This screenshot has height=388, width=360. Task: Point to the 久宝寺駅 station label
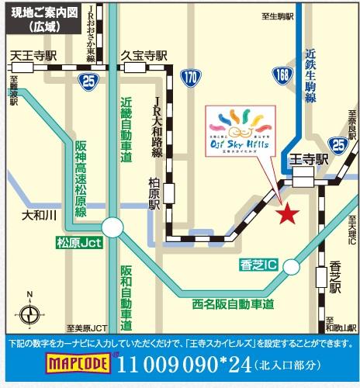point(144,56)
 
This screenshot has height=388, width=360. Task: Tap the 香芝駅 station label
point(335,276)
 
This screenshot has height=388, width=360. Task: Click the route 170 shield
point(191,78)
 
